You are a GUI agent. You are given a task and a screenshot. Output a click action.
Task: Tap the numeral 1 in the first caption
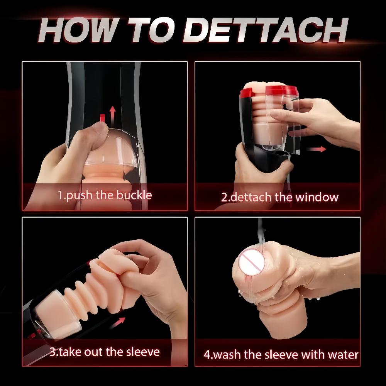tap(60, 195)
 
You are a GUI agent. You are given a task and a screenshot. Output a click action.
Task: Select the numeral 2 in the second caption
tap(224, 197)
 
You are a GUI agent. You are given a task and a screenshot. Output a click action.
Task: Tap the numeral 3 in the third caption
tap(52, 352)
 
